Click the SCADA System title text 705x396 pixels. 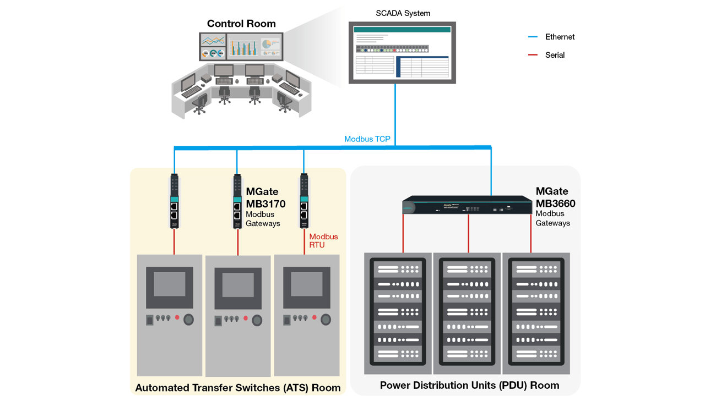pyautogui.click(x=403, y=13)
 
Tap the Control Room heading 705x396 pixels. pyautogui.click(x=241, y=24)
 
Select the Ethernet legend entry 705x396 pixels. pyautogui.click(x=559, y=37)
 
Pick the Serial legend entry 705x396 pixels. pyautogui.click(x=554, y=55)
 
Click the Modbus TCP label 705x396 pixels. pyautogui.click(x=367, y=139)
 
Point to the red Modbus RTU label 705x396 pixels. pyautogui.click(x=323, y=240)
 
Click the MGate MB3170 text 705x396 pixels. pyautogui.click(x=265, y=198)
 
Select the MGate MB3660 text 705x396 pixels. pyautogui.click(x=555, y=197)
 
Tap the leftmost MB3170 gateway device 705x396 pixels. pyautogui.click(x=174, y=201)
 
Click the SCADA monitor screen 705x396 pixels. pyautogui.click(x=402, y=53)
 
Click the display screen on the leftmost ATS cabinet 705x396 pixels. pyautogui.click(x=169, y=284)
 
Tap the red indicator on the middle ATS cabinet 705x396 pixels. pyautogui.click(x=246, y=318)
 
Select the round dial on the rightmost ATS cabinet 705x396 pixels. pyautogui.click(x=326, y=320)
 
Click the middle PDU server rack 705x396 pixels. pyautogui.click(x=467, y=312)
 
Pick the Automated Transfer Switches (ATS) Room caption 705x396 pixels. pyautogui.click(x=238, y=388)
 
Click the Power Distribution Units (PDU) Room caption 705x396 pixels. pyautogui.click(x=469, y=385)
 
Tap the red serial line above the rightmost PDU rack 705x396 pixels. pyautogui.click(x=531, y=233)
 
